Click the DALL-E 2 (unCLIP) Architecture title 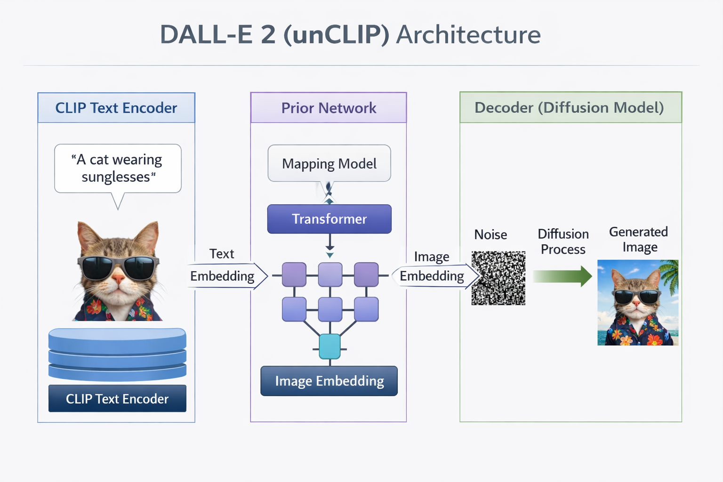tap(350, 34)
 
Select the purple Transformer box tap(329, 219)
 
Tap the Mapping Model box tap(329, 163)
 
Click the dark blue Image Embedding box tap(329, 381)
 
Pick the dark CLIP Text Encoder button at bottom tap(117, 399)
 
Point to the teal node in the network tap(329, 347)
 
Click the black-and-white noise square tap(498, 278)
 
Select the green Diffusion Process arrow tap(562, 276)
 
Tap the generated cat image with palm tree tap(638, 303)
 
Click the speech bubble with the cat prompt tap(118, 169)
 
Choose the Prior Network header tap(329, 108)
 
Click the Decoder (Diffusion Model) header tap(570, 107)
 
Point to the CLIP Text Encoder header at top tap(116, 108)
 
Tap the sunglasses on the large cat tap(118, 267)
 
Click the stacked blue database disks tap(117, 354)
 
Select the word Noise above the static tap(490, 234)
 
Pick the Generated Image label tap(639, 240)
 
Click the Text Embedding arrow tap(225, 276)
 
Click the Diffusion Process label tap(563, 241)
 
